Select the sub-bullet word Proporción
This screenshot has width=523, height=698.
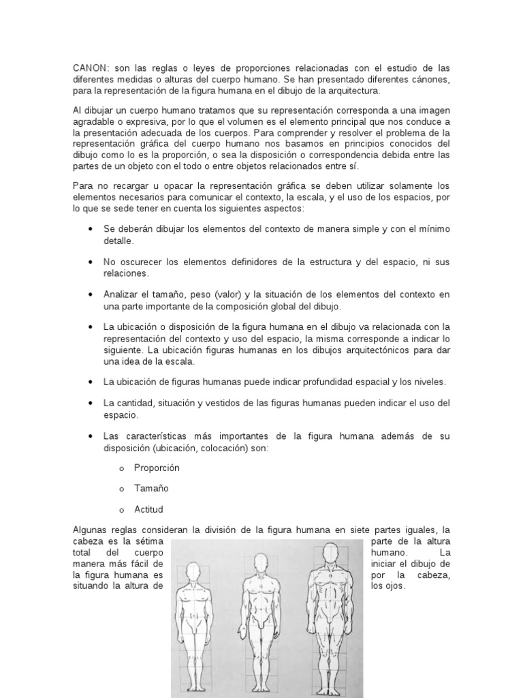pyautogui.click(x=157, y=468)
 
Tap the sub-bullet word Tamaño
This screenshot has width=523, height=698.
pyautogui.click(x=151, y=489)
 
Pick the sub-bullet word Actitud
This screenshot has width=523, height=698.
pyautogui.click(x=149, y=509)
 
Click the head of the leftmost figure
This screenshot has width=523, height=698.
pyautogui.click(x=195, y=575)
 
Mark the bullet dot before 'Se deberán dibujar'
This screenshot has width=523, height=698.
pyautogui.click(x=91, y=230)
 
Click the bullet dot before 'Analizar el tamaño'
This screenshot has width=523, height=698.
pyautogui.click(x=91, y=294)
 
